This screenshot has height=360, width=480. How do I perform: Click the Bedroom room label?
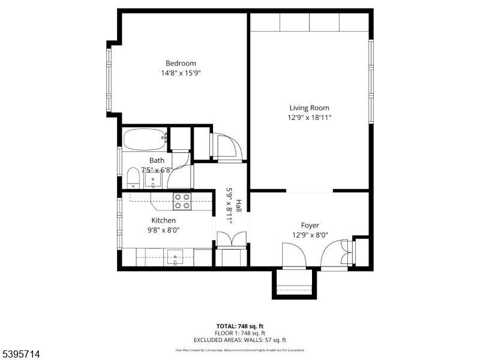click(181, 63)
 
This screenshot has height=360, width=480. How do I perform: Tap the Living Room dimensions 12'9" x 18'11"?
click(309, 118)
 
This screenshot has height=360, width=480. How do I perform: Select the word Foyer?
click(310, 226)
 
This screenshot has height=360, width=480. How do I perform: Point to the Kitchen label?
click(163, 220)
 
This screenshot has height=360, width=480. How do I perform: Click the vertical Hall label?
click(238, 205)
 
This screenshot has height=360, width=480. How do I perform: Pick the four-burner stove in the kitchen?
click(182, 202)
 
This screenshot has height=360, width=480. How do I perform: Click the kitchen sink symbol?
click(175, 257)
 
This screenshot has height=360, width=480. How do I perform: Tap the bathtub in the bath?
click(144, 140)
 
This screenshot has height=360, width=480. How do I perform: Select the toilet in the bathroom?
click(133, 178)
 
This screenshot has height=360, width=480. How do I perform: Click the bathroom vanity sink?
click(153, 178)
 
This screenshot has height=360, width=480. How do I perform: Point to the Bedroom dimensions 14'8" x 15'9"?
click(181, 73)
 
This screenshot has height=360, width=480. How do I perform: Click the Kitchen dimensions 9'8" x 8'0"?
click(163, 230)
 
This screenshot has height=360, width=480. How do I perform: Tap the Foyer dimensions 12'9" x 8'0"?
click(310, 235)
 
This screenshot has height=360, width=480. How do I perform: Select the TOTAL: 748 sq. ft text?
click(240, 326)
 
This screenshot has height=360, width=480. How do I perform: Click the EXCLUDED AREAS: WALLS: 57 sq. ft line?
click(240, 340)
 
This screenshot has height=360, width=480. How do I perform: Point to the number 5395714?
click(21, 355)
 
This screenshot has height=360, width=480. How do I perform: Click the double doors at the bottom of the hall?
click(231, 238)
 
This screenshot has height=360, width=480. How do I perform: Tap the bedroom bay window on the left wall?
click(109, 79)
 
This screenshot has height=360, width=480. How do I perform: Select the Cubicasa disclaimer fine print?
click(240, 350)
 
